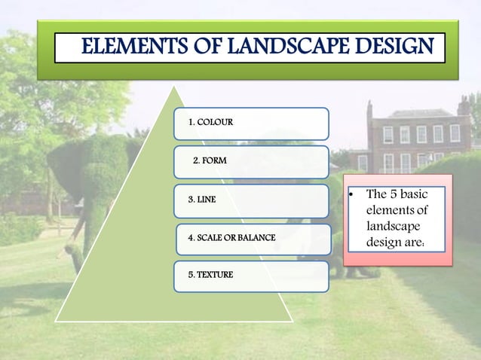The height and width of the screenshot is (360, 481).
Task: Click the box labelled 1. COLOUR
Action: (251, 123)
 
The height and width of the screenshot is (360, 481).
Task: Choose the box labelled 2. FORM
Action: (251, 161)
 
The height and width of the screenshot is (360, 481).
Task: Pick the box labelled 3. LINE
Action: (251, 200)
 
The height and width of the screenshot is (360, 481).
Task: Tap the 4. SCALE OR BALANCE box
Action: (253, 238)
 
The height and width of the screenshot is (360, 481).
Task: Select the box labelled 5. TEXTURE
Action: (251, 276)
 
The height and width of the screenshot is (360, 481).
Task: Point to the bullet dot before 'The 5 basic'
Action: (351, 195)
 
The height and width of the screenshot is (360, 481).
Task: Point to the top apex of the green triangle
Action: (175, 86)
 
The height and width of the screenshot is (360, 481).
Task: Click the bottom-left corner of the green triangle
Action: (56, 321)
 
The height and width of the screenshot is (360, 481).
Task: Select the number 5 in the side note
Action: (394, 195)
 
